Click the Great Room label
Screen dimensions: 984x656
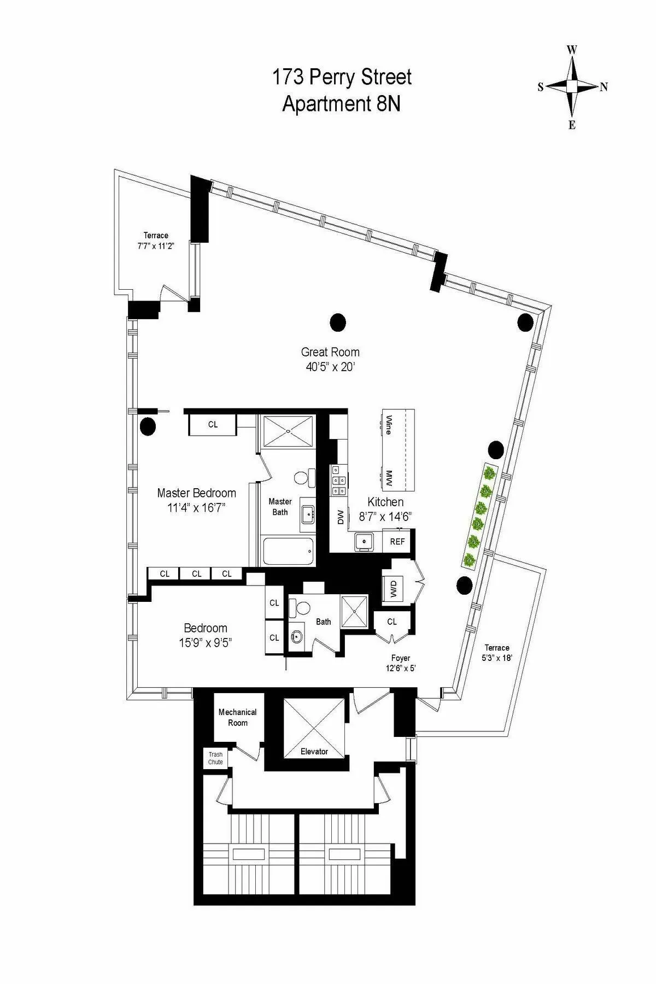point(330,352)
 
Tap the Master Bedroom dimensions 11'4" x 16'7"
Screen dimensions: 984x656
point(196,508)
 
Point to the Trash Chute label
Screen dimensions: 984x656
point(215,758)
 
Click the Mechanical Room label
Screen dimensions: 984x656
point(237,717)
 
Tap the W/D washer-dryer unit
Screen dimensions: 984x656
point(394,589)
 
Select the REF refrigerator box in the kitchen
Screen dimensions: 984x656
point(397,541)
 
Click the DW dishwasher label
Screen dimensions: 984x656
point(340,517)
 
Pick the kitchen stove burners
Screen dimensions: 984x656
point(338,480)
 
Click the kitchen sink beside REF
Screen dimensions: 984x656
point(363,542)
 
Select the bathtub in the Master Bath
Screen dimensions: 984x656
point(288,552)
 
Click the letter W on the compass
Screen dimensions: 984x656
point(572,50)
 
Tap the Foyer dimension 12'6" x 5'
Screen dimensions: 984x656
point(400,667)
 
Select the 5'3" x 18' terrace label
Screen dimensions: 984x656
point(496,658)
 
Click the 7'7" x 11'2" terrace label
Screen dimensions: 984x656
point(156,245)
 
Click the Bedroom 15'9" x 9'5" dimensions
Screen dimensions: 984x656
point(205,643)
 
